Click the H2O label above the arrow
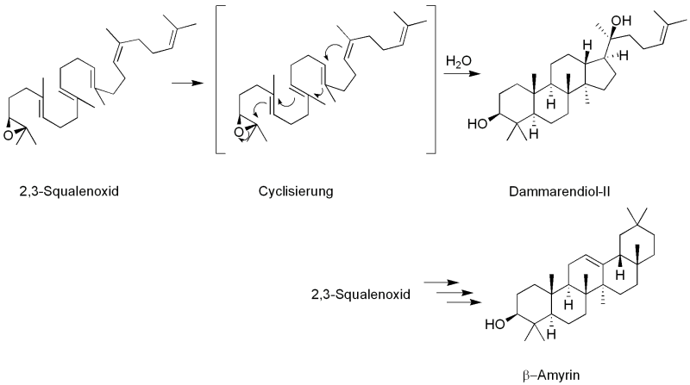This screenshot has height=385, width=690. (459, 62)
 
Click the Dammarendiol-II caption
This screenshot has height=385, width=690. (559, 191)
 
